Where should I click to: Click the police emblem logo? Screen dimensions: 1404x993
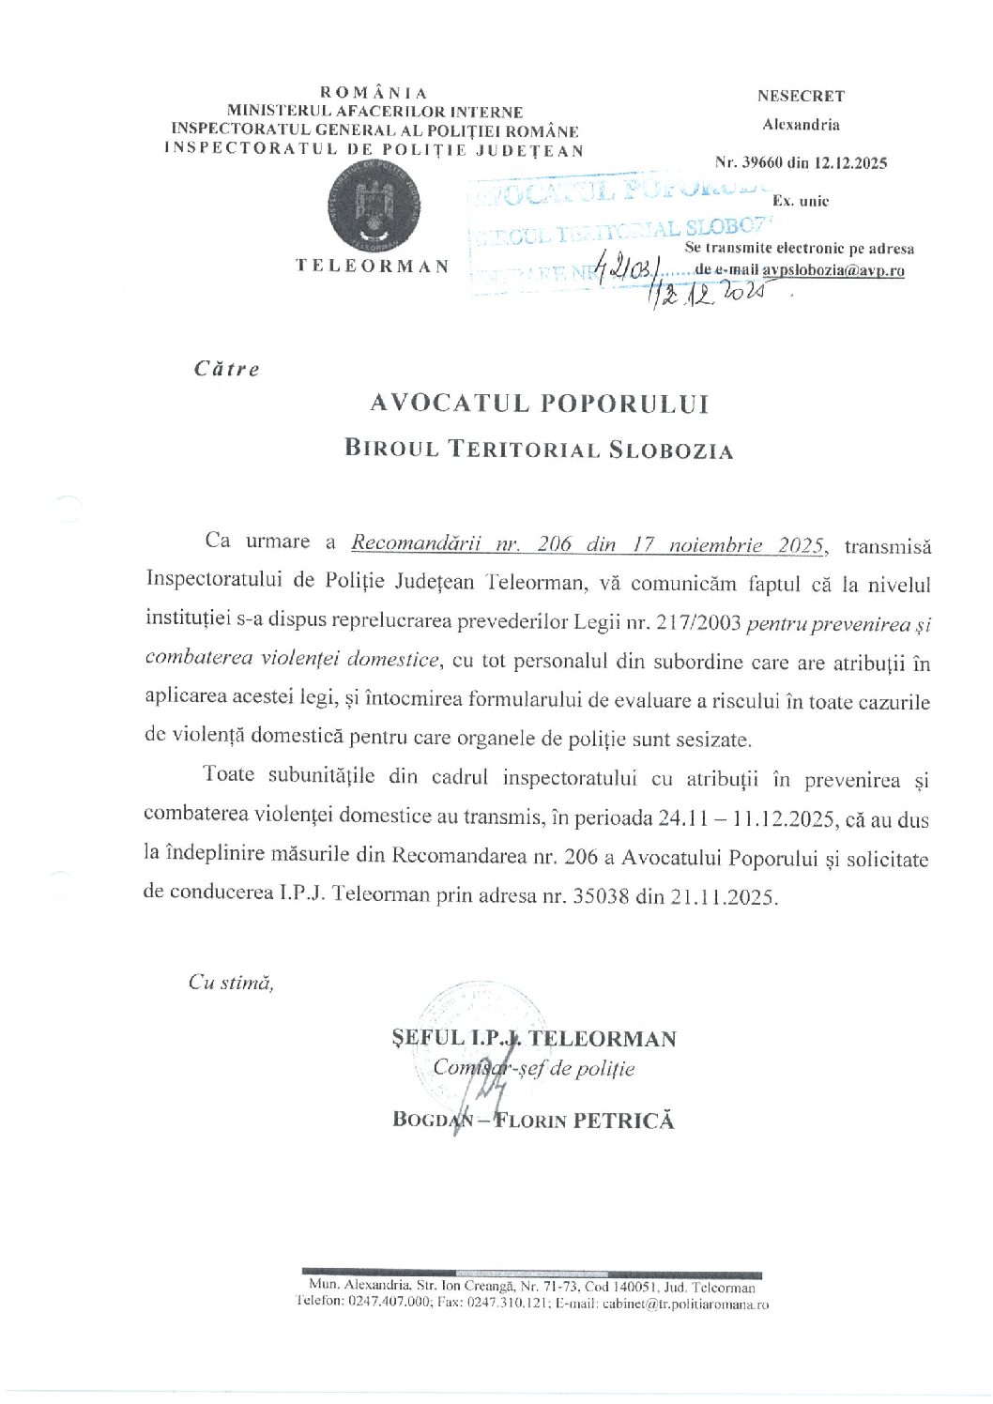coord(373,206)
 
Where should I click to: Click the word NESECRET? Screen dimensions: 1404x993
coord(801,96)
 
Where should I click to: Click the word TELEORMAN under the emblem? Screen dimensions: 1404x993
coord(373,266)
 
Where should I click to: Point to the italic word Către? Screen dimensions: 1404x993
coord(226,369)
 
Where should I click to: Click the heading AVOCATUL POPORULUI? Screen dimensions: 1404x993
coord(540,404)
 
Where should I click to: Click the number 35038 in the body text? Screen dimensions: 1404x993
coord(599,895)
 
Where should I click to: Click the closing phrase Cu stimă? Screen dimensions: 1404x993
coord(231,983)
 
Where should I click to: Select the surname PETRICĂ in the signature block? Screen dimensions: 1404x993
coord(629,1120)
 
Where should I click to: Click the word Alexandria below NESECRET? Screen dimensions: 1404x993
coord(801,125)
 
